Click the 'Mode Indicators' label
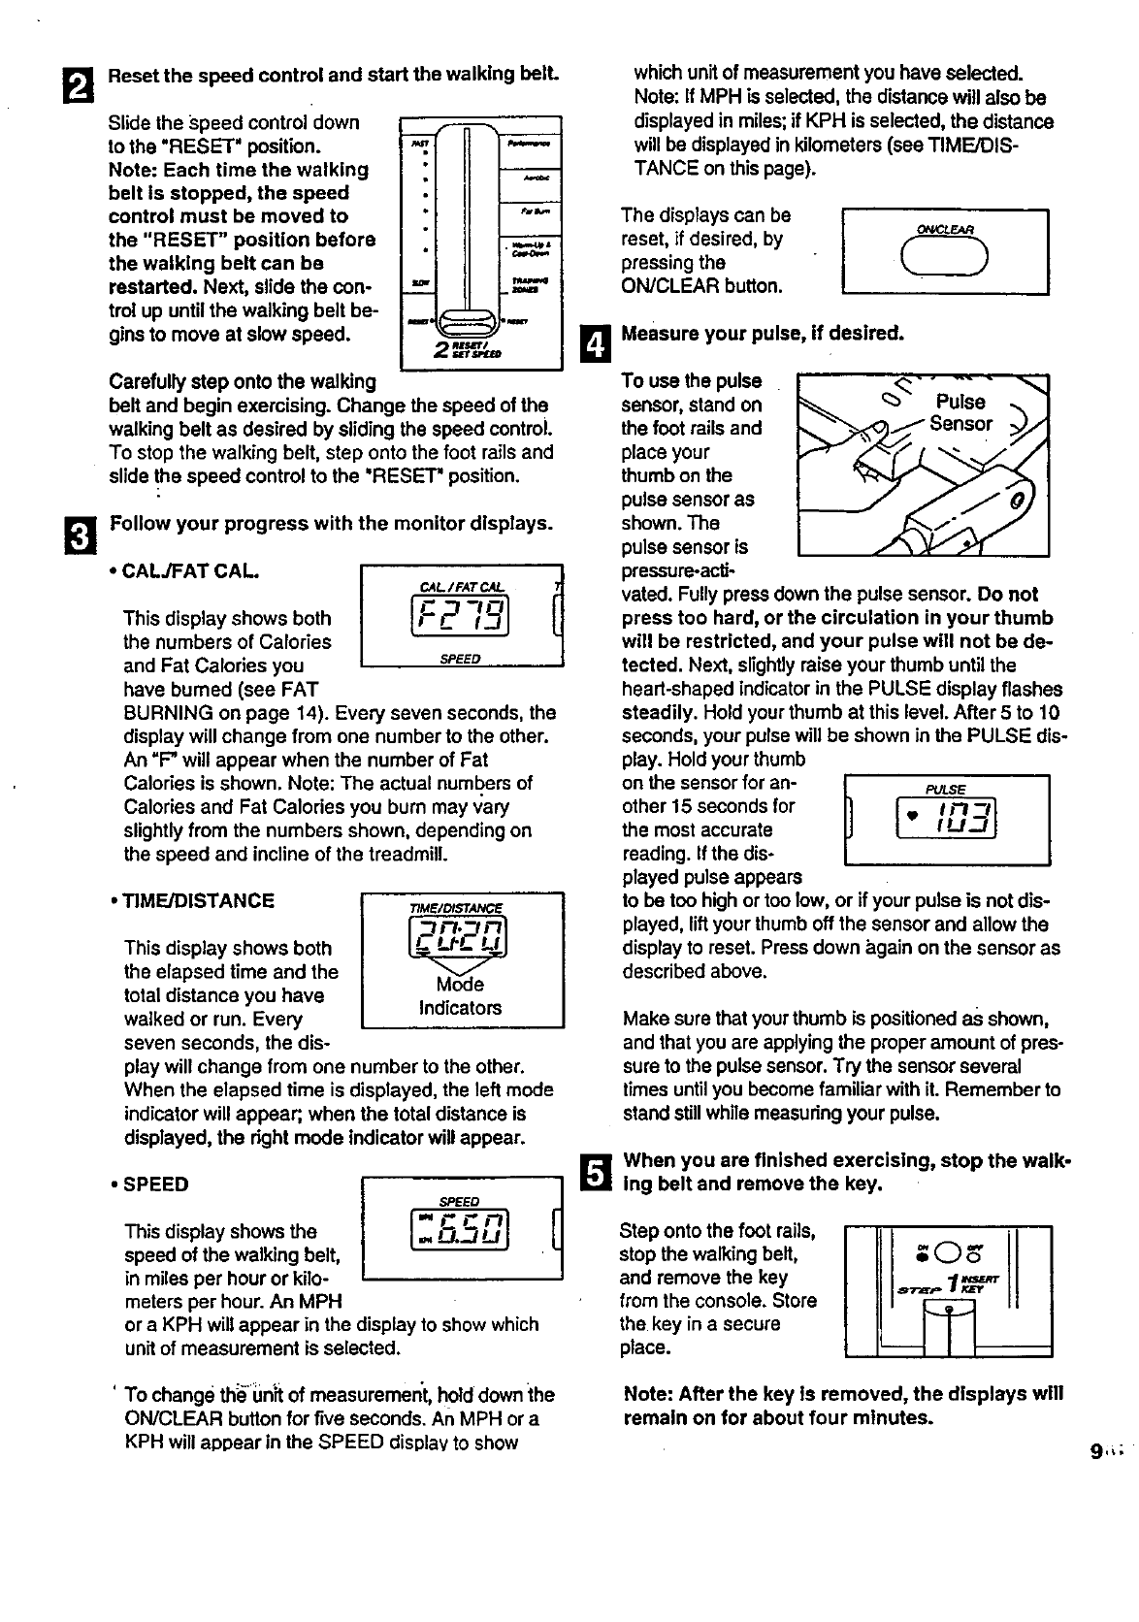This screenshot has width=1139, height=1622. [461, 996]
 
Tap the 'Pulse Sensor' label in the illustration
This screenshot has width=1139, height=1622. [960, 412]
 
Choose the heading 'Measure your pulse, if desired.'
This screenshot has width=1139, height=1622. [762, 334]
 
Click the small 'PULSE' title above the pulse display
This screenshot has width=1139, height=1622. [945, 791]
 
